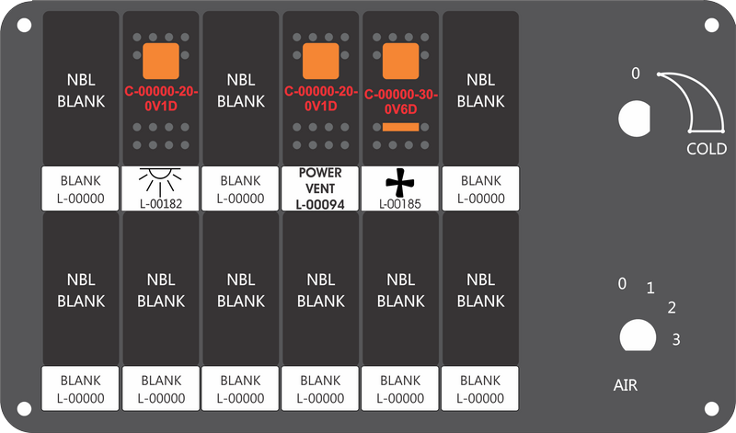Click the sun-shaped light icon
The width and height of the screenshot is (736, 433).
(x=160, y=182)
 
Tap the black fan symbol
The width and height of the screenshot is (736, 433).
(x=400, y=183)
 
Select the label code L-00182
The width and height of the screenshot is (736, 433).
(x=160, y=204)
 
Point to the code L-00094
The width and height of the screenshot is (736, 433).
(x=320, y=204)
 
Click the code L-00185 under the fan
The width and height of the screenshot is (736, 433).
(x=400, y=204)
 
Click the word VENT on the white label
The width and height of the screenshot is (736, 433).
(x=320, y=188)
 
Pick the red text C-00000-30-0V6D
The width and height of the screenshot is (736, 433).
(x=401, y=102)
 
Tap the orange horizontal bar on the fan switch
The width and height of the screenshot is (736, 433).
(x=400, y=127)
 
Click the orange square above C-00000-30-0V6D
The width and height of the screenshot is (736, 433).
(x=400, y=61)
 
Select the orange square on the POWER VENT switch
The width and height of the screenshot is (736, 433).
(x=320, y=61)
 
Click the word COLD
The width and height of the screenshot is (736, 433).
(x=707, y=149)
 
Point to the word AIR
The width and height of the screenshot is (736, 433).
(x=626, y=385)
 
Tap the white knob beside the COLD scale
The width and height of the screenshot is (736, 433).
(x=635, y=119)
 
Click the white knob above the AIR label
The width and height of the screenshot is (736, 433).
(x=638, y=336)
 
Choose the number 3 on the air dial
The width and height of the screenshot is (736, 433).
(x=676, y=339)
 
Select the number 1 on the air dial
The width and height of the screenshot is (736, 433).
(x=650, y=288)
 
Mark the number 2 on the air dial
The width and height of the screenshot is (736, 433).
(x=672, y=308)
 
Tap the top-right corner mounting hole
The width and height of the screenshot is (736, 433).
(x=711, y=25)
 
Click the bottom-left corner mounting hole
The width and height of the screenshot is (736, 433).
(x=25, y=408)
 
